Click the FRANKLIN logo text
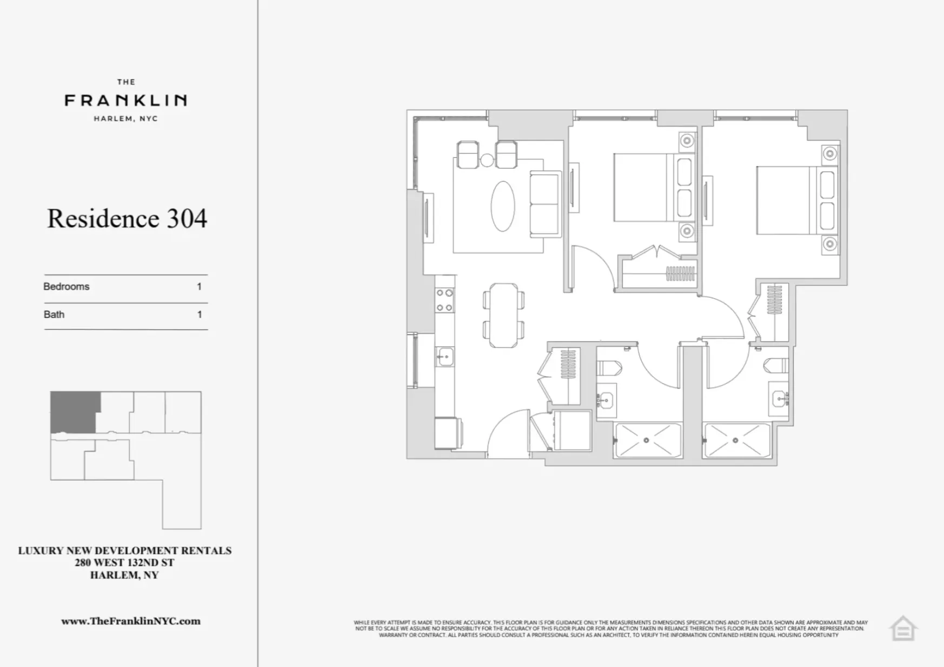[125, 100]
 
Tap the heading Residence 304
[127, 218]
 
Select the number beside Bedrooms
[199, 286]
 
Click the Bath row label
[54, 315]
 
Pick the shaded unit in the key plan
[74, 412]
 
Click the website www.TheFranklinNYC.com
[131, 621]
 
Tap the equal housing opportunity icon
[903, 629]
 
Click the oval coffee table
[503, 206]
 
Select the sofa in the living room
[544, 204]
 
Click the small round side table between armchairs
[487, 160]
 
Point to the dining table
[503, 315]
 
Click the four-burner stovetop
[445, 300]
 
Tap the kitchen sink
[446, 357]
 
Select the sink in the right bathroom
[779, 399]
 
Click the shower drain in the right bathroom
[735, 441]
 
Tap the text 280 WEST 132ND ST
[124, 563]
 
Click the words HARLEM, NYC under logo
[125, 119]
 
